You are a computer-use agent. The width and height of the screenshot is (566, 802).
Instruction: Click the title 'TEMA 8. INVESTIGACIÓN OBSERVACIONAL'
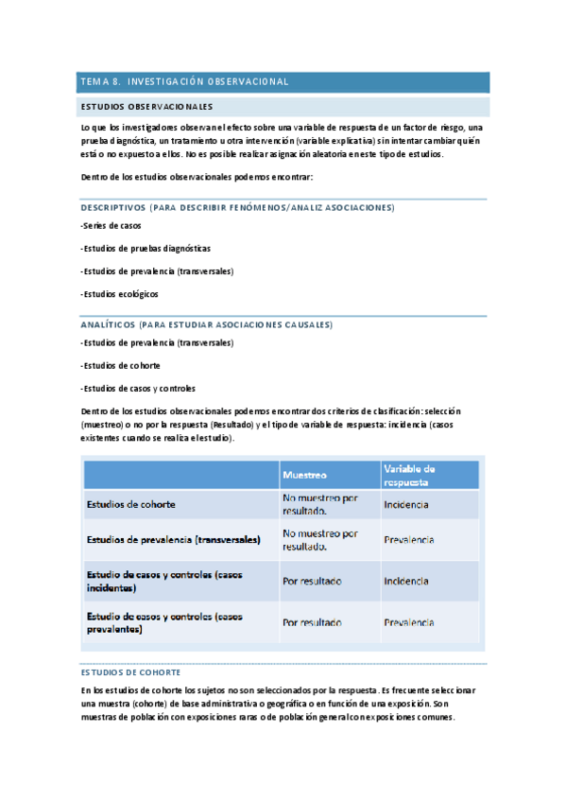185,82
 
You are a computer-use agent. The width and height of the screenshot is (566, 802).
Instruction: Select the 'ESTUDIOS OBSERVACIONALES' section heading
146,107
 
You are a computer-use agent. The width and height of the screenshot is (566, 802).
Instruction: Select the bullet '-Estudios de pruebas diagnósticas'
146,249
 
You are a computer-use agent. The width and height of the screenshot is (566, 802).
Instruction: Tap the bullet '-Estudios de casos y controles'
138,388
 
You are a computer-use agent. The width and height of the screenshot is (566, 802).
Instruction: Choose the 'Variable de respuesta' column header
409,474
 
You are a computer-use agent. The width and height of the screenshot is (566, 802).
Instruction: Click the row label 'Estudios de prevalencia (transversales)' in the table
173,540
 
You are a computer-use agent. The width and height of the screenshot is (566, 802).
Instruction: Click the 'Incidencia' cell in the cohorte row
406,504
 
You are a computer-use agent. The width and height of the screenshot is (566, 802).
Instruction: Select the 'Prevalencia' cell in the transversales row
409,540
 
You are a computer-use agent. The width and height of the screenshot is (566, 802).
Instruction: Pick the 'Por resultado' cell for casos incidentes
312,581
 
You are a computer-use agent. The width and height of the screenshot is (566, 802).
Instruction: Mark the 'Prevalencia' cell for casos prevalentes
409,622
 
